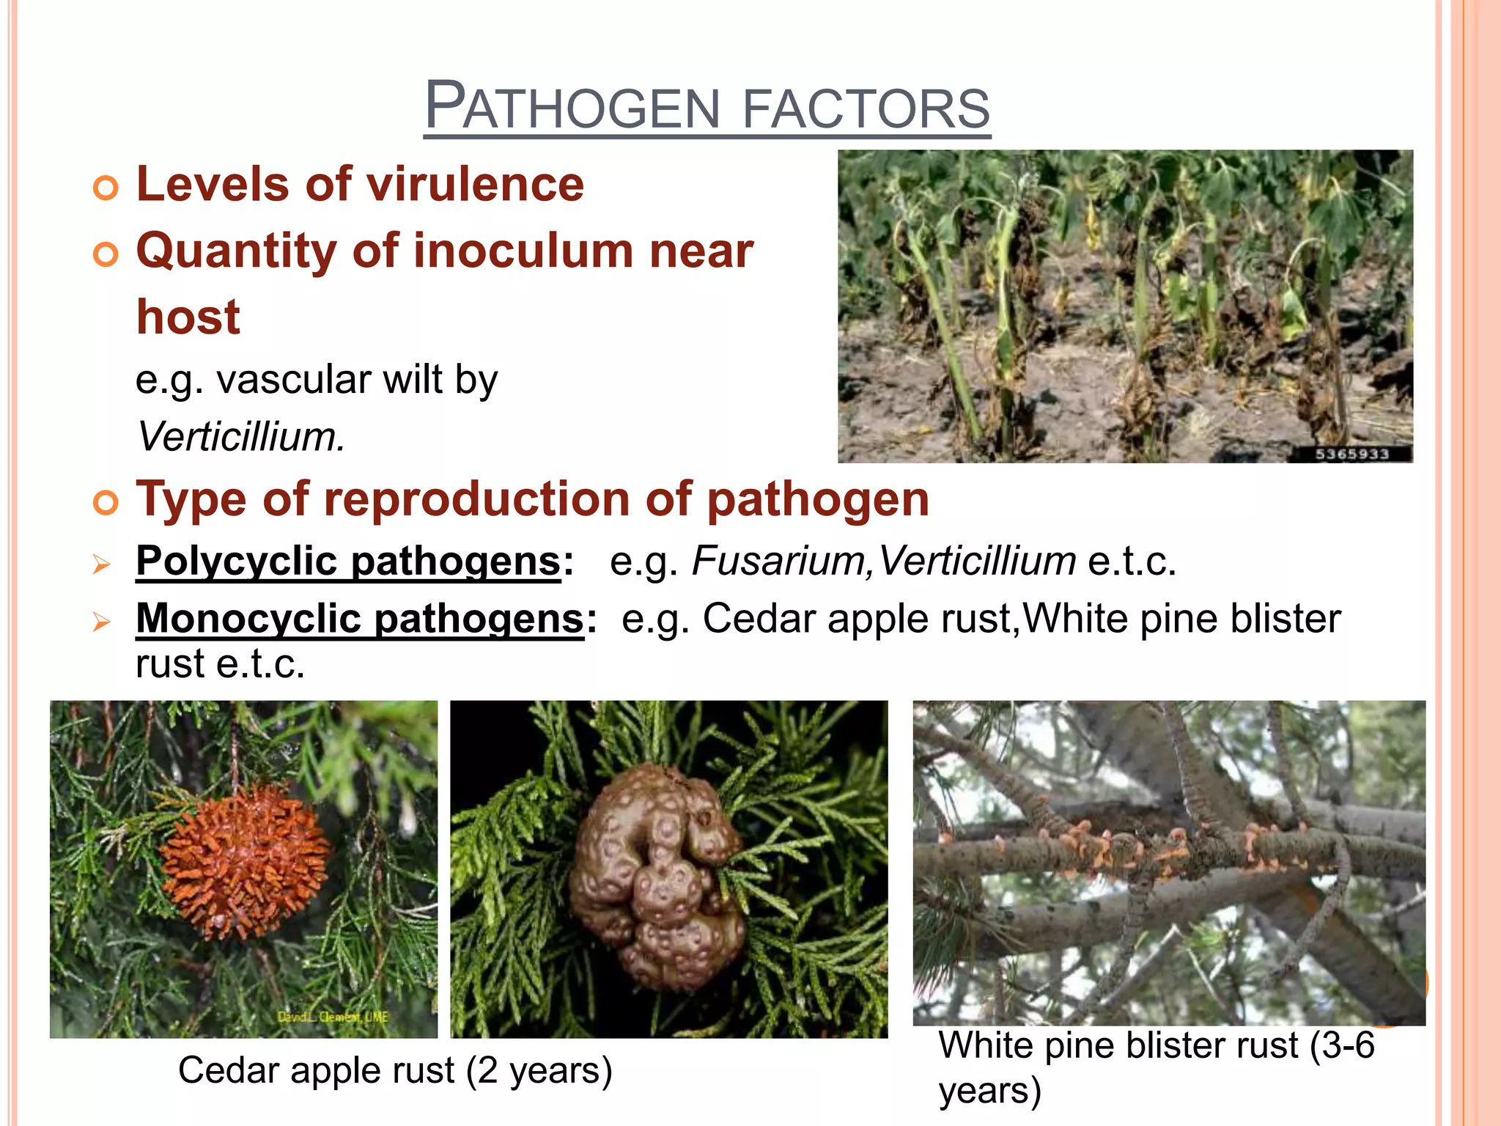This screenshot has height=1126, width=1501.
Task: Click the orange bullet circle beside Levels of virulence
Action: tap(106, 188)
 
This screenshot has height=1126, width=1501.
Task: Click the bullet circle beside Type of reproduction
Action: tap(106, 504)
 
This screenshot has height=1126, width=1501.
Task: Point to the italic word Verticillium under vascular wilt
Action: tap(240, 437)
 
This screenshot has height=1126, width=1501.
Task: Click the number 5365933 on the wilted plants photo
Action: tap(1352, 454)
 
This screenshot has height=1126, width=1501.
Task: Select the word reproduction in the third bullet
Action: tap(478, 500)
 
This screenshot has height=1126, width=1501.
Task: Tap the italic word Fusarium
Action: tap(780, 562)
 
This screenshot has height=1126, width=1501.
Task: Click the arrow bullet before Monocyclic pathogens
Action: tap(101, 622)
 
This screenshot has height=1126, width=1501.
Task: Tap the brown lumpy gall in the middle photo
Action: tap(656, 876)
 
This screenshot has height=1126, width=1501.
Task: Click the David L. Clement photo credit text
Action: tap(333, 1018)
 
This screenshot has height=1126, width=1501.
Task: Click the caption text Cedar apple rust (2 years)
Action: tap(394, 1070)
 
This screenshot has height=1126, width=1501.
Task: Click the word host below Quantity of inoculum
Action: tap(188, 317)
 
